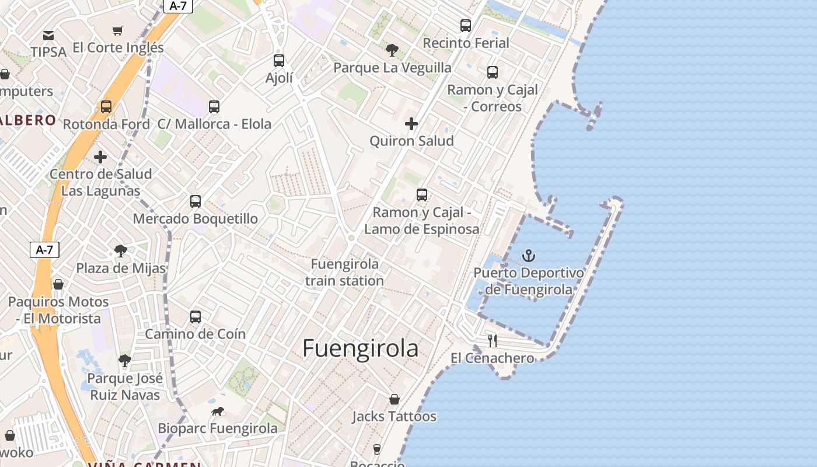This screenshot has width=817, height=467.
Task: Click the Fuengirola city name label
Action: coord(360,348)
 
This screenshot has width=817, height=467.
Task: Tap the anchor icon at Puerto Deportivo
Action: coord(528,256)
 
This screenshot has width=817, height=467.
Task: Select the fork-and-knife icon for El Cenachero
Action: coord(493,340)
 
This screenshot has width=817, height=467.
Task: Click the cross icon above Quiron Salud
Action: coord(411,124)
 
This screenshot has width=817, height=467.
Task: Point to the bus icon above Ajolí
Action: coord(279,60)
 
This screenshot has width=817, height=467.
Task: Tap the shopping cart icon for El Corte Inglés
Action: coord(118,30)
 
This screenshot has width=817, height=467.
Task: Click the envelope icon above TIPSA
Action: coord(48,36)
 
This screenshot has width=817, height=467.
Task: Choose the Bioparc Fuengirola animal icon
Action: coord(218,412)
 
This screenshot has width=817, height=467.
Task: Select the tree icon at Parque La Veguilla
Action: coord(392,50)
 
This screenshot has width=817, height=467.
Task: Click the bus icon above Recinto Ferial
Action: coord(465,26)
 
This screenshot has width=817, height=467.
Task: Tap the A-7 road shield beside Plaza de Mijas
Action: coord(44,250)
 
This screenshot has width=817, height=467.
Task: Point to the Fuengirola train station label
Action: coord(345,272)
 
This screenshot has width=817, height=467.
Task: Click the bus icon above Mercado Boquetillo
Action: coord(195,201)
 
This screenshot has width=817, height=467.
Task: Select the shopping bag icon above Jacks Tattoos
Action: coord(394,399)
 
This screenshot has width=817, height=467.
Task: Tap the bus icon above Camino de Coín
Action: coord(195,317)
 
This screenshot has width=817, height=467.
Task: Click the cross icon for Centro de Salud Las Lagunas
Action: coord(100,157)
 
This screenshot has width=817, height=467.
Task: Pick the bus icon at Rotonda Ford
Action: coord(106,107)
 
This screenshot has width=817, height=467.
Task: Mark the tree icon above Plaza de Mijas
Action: coord(121,251)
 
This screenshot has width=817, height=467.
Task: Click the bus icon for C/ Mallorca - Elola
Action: coord(214,107)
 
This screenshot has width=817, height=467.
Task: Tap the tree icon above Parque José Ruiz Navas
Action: coord(124,360)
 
